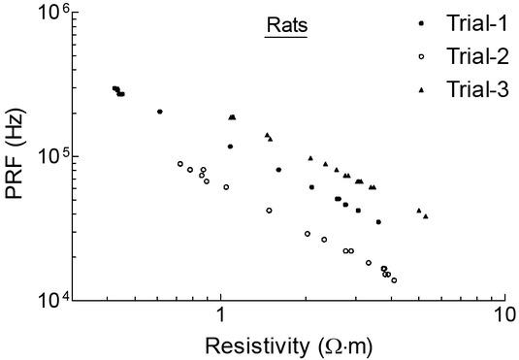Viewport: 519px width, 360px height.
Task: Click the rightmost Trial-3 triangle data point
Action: click(426, 215)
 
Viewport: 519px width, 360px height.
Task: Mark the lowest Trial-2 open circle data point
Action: click(394, 280)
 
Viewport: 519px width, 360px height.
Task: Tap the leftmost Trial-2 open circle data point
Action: click(180, 164)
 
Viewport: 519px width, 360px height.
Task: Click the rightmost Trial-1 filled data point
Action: click(378, 222)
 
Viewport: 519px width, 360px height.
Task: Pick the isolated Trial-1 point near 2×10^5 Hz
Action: click(160, 112)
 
